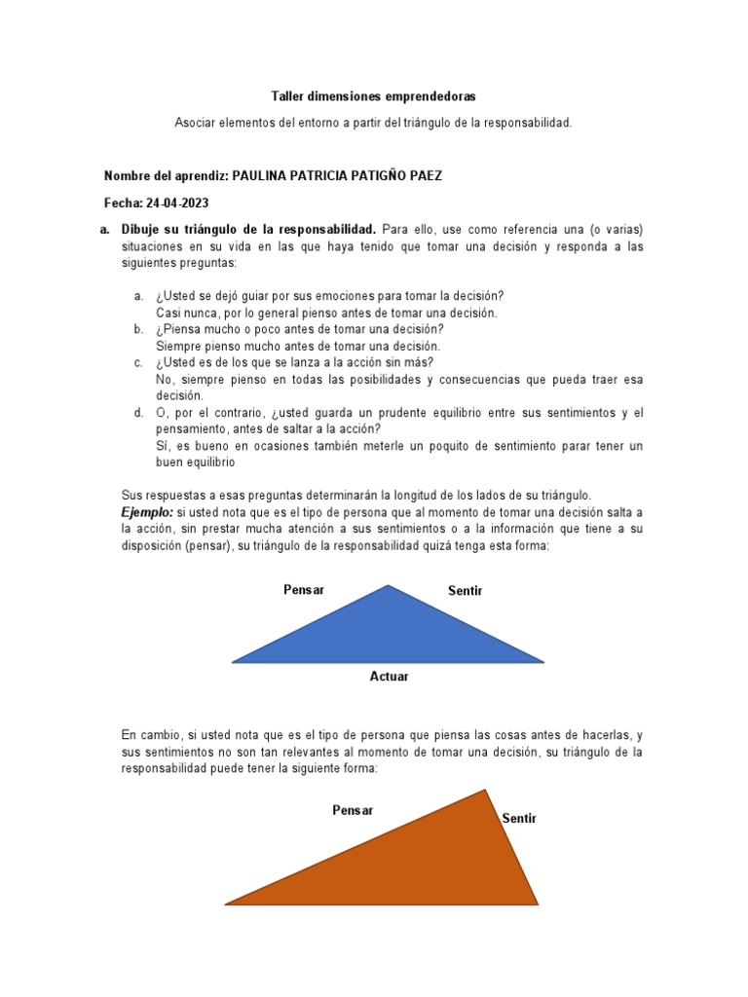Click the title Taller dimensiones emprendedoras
[x=373, y=97]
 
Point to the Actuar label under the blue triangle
[x=389, y=677]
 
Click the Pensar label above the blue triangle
[x=304, y=589]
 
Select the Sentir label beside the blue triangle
[x=465, y=591]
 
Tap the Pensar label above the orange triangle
[x=353, y=810]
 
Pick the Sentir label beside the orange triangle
[x=519, y=819]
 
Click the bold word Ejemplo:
[x=147, y=511]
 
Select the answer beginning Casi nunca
[x=326, y=313]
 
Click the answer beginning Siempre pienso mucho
[x=298, y=346]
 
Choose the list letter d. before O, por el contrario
[x=139, y=413]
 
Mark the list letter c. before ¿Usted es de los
[x=139, y=362]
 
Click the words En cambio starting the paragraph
[x=151, y=735]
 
